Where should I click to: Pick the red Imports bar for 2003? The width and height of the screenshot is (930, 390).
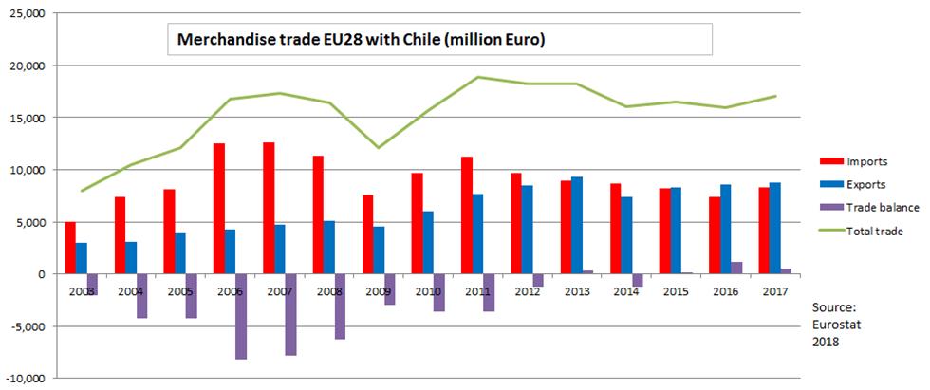[70, 248]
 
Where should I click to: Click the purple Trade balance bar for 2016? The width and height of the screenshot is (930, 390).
[737, 268]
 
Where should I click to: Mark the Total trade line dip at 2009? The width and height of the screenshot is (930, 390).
[380, 147]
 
